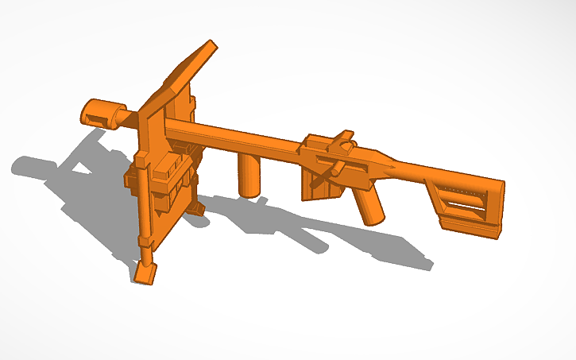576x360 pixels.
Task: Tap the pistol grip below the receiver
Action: point(369,206)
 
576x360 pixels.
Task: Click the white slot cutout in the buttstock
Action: point(466,208)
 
